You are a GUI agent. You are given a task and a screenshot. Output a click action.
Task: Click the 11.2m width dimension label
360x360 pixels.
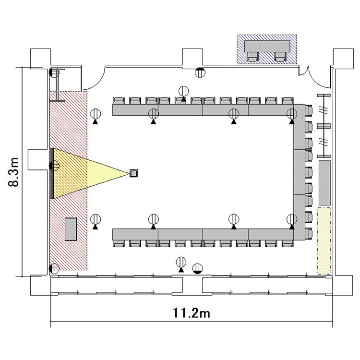pos(191,313)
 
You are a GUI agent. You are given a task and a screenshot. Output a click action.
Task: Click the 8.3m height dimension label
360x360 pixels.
pos(13,172)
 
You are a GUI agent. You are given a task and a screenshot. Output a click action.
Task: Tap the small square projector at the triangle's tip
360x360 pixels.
pos(133,173)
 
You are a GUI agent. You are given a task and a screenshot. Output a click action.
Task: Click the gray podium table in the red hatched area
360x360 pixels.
pos(71,229)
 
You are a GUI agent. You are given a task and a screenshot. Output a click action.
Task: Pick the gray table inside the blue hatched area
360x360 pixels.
pos(267,47)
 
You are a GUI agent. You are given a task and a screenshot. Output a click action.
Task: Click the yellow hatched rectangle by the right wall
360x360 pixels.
pos(324,240)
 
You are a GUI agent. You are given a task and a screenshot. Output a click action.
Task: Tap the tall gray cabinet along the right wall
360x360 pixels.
pos(324,183)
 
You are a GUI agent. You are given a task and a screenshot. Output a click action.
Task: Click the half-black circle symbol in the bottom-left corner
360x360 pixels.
pos(54,268)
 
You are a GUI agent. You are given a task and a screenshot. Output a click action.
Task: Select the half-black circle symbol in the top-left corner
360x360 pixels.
pos(54,72)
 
